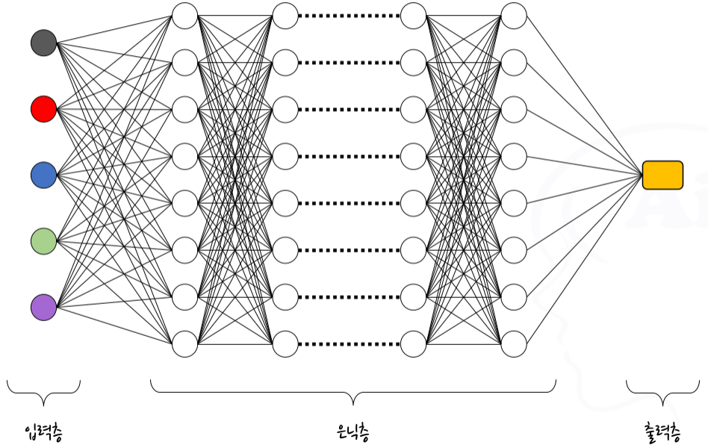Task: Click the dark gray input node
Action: (x=43, y=43)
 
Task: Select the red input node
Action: (x=43, y=109)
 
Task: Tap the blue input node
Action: (x=43, y=175)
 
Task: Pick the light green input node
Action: (x=43, y=241)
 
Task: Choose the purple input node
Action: (x=43, y=307)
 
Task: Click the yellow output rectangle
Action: (x=662, y=175)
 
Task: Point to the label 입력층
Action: (x=43, y=431)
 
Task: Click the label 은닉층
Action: (x=353, y=431)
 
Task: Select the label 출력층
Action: (x=662, y=431)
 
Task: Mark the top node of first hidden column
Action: (x=184, y=16)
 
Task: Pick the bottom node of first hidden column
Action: (x=184, y=344)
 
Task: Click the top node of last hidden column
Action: (x=514, y=16)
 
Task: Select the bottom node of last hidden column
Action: (x=514, y=344)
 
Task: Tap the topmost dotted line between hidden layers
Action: (x=350, y=16)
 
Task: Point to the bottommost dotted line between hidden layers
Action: (x=350, y=344)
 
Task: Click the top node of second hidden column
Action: (x=285, y=16)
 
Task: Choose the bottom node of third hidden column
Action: (x=414, y=344)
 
